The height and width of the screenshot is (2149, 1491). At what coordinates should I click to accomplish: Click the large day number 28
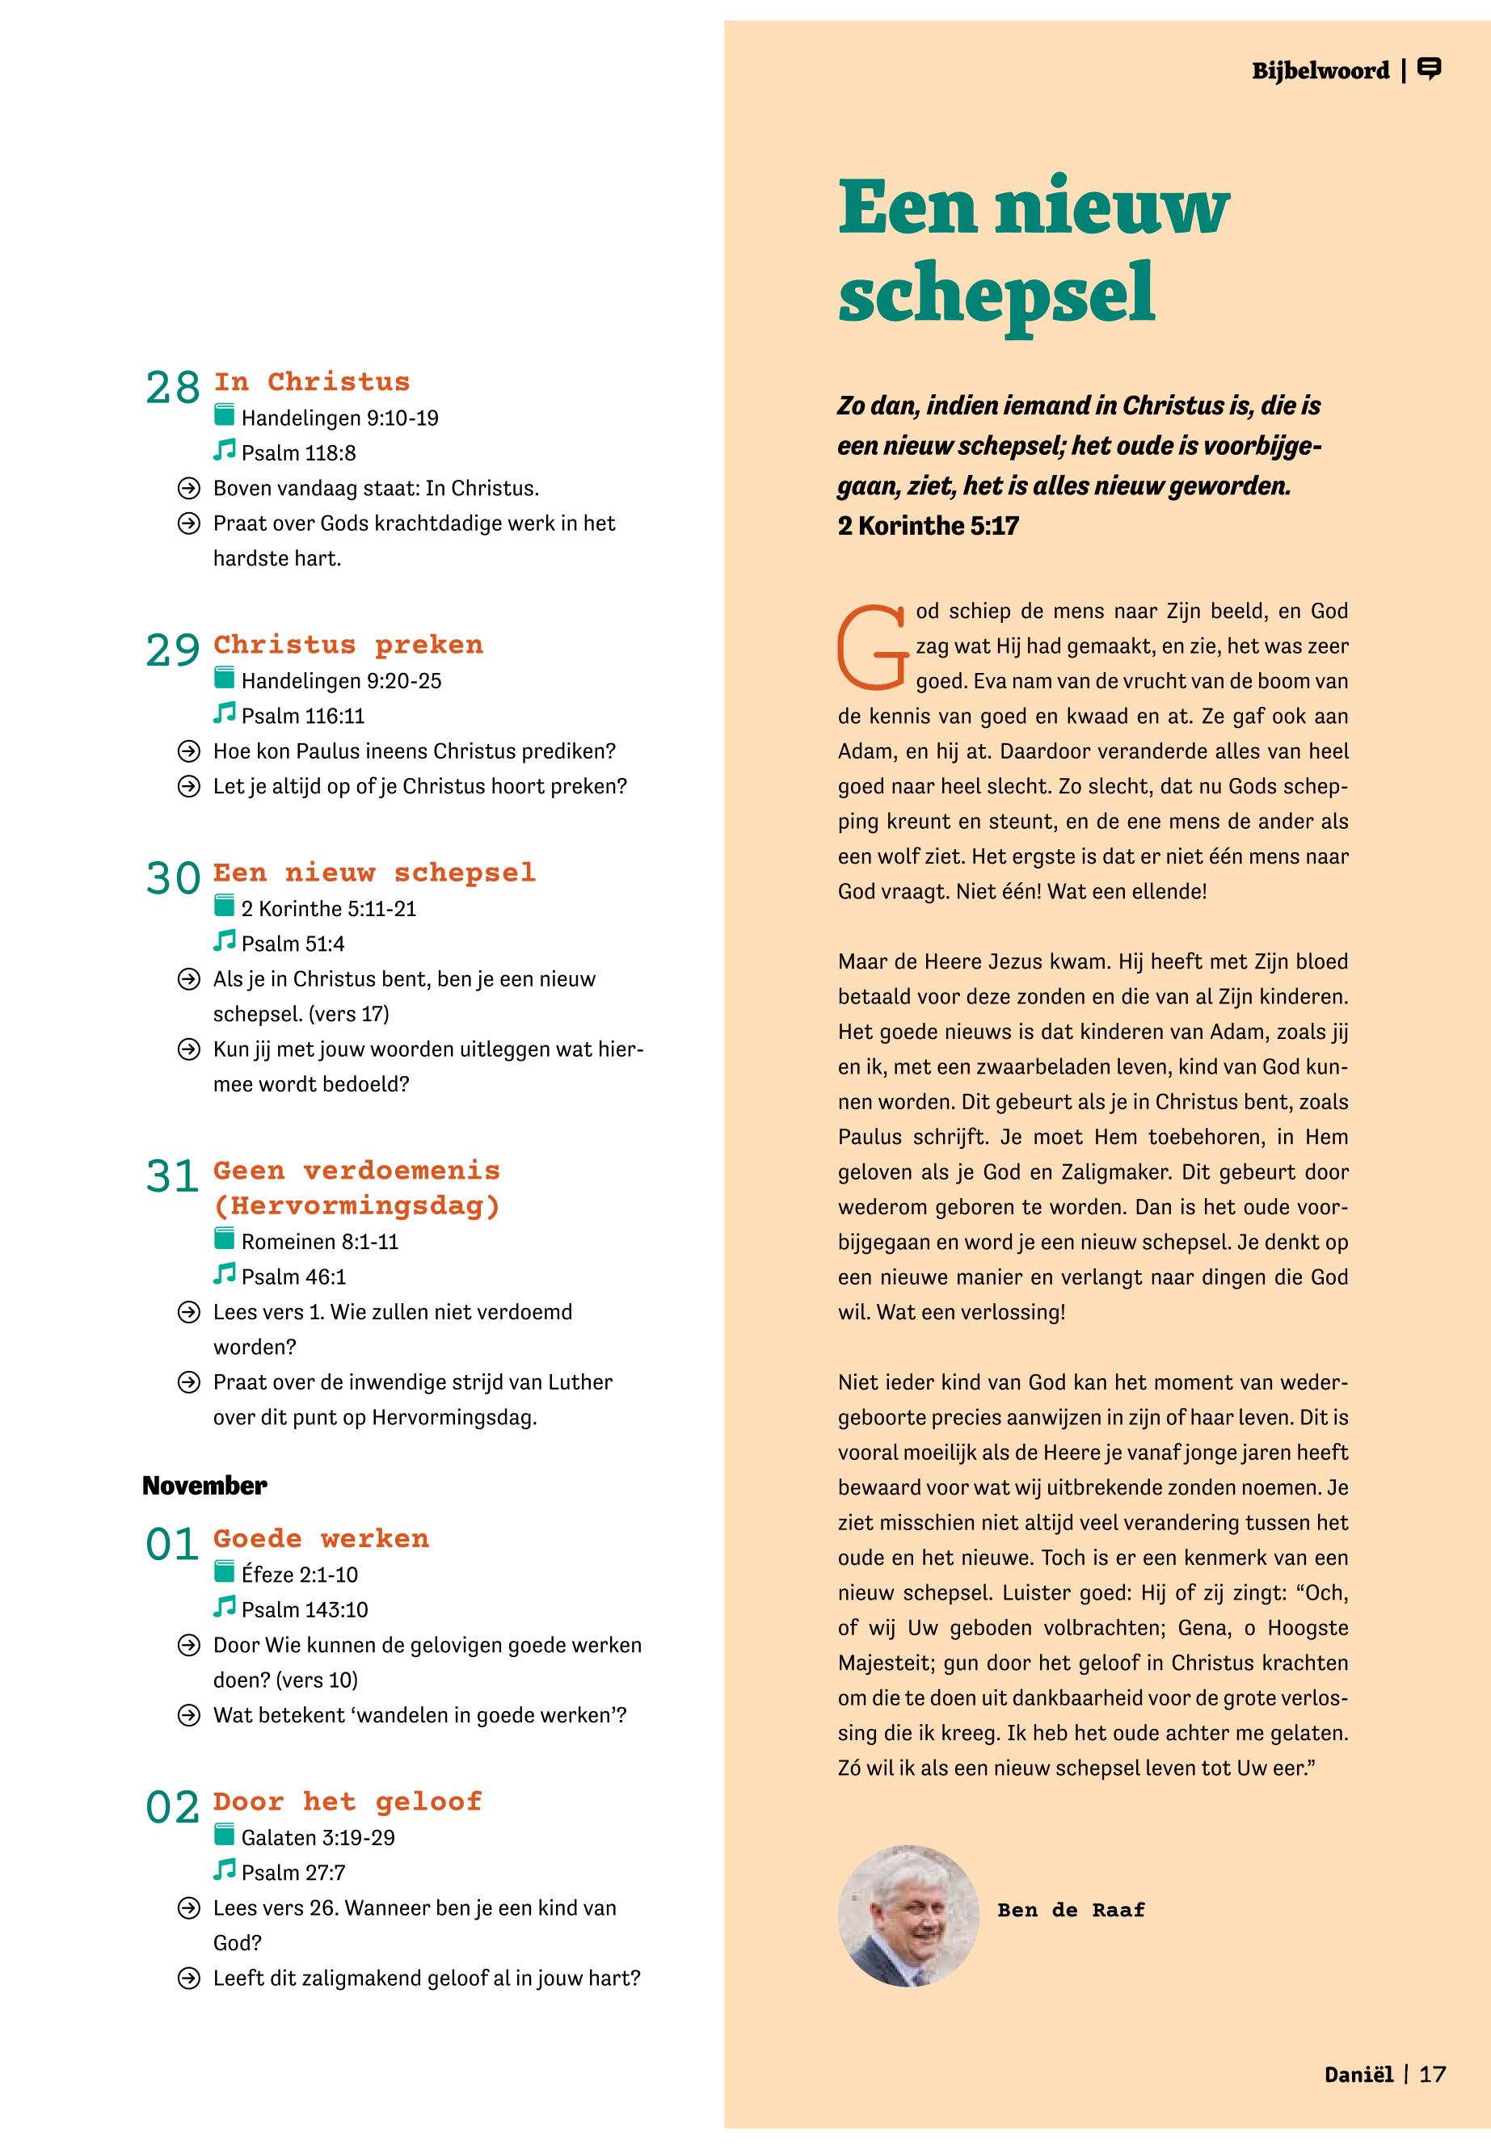click(173, 388)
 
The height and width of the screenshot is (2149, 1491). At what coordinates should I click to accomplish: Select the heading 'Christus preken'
click(347, 645)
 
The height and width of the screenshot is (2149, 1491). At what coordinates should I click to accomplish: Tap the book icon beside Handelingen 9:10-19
click(224, 414)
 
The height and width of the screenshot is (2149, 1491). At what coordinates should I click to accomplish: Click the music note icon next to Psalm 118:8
click(224, 450)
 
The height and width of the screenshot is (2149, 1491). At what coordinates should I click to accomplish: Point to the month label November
click(204, 1485)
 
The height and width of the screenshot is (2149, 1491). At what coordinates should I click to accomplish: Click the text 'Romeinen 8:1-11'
click(319, 1241)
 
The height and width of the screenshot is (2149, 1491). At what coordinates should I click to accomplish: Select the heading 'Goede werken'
click(321, 1538)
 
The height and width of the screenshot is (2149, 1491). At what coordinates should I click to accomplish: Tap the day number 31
click(173, 1175)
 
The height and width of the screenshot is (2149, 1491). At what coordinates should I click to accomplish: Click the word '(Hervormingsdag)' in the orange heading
click(357, 1205)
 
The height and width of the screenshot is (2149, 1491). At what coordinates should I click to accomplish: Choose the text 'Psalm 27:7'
click(293, 1872)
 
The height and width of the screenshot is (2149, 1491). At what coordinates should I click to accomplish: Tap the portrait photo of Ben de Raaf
click(908, 1915)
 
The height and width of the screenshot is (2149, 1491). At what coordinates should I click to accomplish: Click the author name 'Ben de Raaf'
click(1071, 1910)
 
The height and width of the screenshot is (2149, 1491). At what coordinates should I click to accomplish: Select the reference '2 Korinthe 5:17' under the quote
click(928, 526)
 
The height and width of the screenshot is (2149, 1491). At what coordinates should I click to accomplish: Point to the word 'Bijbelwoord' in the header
click(1320, 71)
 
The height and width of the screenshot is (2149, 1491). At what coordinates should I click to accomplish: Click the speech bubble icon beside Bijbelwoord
click(1430, 69)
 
